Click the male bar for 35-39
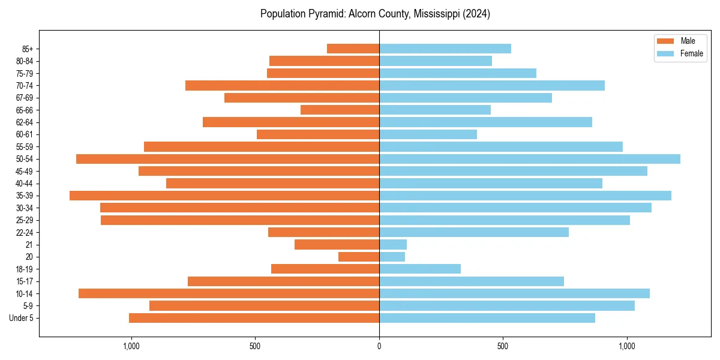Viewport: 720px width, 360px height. click(224, 196)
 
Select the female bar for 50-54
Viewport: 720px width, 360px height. click(530, 159)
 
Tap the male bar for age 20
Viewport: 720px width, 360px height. click(359, 257)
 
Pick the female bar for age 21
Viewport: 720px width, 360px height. click(393, 244)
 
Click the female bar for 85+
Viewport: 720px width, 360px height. click(445, 49)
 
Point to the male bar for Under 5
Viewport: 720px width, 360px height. click(254, 318)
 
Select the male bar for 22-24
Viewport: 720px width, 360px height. click(323, 232)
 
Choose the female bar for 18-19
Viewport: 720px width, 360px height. click(420, 269)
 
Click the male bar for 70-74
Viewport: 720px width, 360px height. click(282, 85)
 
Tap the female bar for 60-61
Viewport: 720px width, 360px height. click(428, 134)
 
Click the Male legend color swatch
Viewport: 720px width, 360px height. click(666, 41)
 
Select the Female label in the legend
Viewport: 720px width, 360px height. click(692, 53)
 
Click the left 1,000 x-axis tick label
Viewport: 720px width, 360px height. click(131, 346)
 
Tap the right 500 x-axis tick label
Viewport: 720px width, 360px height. click(503, 346)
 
